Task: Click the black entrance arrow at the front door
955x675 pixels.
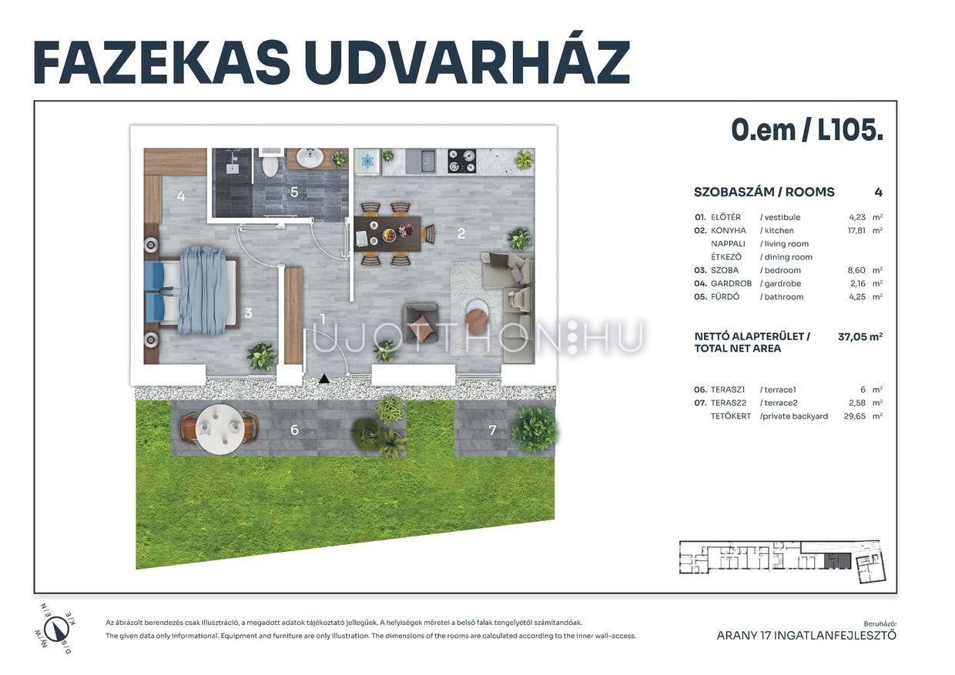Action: [x=324, y=379]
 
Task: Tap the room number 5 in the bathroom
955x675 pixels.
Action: [x=294, y=192]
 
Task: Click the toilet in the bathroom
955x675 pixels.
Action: [x=270, y=164]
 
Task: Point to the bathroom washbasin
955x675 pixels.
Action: [x=310, y=159]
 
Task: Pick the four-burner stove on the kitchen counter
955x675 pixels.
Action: [x=462, y=161]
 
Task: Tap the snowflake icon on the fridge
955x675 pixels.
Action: [x=367, y=162]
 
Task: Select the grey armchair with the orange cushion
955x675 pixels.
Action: [x=421, y=323]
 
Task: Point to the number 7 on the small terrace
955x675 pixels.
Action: [x=492, y=430]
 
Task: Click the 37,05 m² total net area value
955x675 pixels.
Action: [x=860, y=336]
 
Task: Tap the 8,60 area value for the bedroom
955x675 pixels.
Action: [x=856, y=270]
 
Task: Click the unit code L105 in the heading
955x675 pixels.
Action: [x=850, y=129]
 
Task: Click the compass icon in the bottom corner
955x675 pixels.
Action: [x=55, y=629]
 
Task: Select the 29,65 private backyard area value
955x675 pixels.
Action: [x=855, y=416]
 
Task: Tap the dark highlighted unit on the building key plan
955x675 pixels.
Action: [x=837, y=561]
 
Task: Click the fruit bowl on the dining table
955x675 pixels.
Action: [x=388, y=235]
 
